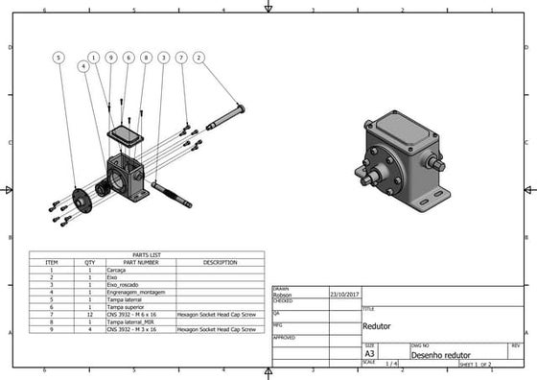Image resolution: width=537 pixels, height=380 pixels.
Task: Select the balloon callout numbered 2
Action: (198, 58)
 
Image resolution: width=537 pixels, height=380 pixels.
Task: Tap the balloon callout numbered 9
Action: (110, 58)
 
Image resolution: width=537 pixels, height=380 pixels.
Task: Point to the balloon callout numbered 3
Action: (163, 58)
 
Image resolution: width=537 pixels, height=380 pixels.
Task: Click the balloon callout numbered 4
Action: (84, 67)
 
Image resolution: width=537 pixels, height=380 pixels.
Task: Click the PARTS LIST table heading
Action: (146, 254)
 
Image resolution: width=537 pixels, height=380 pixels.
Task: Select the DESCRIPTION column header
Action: (220, 262)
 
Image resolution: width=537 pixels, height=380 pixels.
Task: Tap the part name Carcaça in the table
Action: (117, 270)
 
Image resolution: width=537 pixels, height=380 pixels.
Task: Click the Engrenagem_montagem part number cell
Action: (136, 292)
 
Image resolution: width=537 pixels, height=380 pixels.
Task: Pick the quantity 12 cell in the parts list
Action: (90, 314)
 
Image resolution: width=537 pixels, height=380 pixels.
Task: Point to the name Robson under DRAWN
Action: (284, 295)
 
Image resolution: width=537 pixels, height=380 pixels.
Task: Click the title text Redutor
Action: (377, 326)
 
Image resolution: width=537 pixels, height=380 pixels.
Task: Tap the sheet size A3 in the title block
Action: (370, 354)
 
